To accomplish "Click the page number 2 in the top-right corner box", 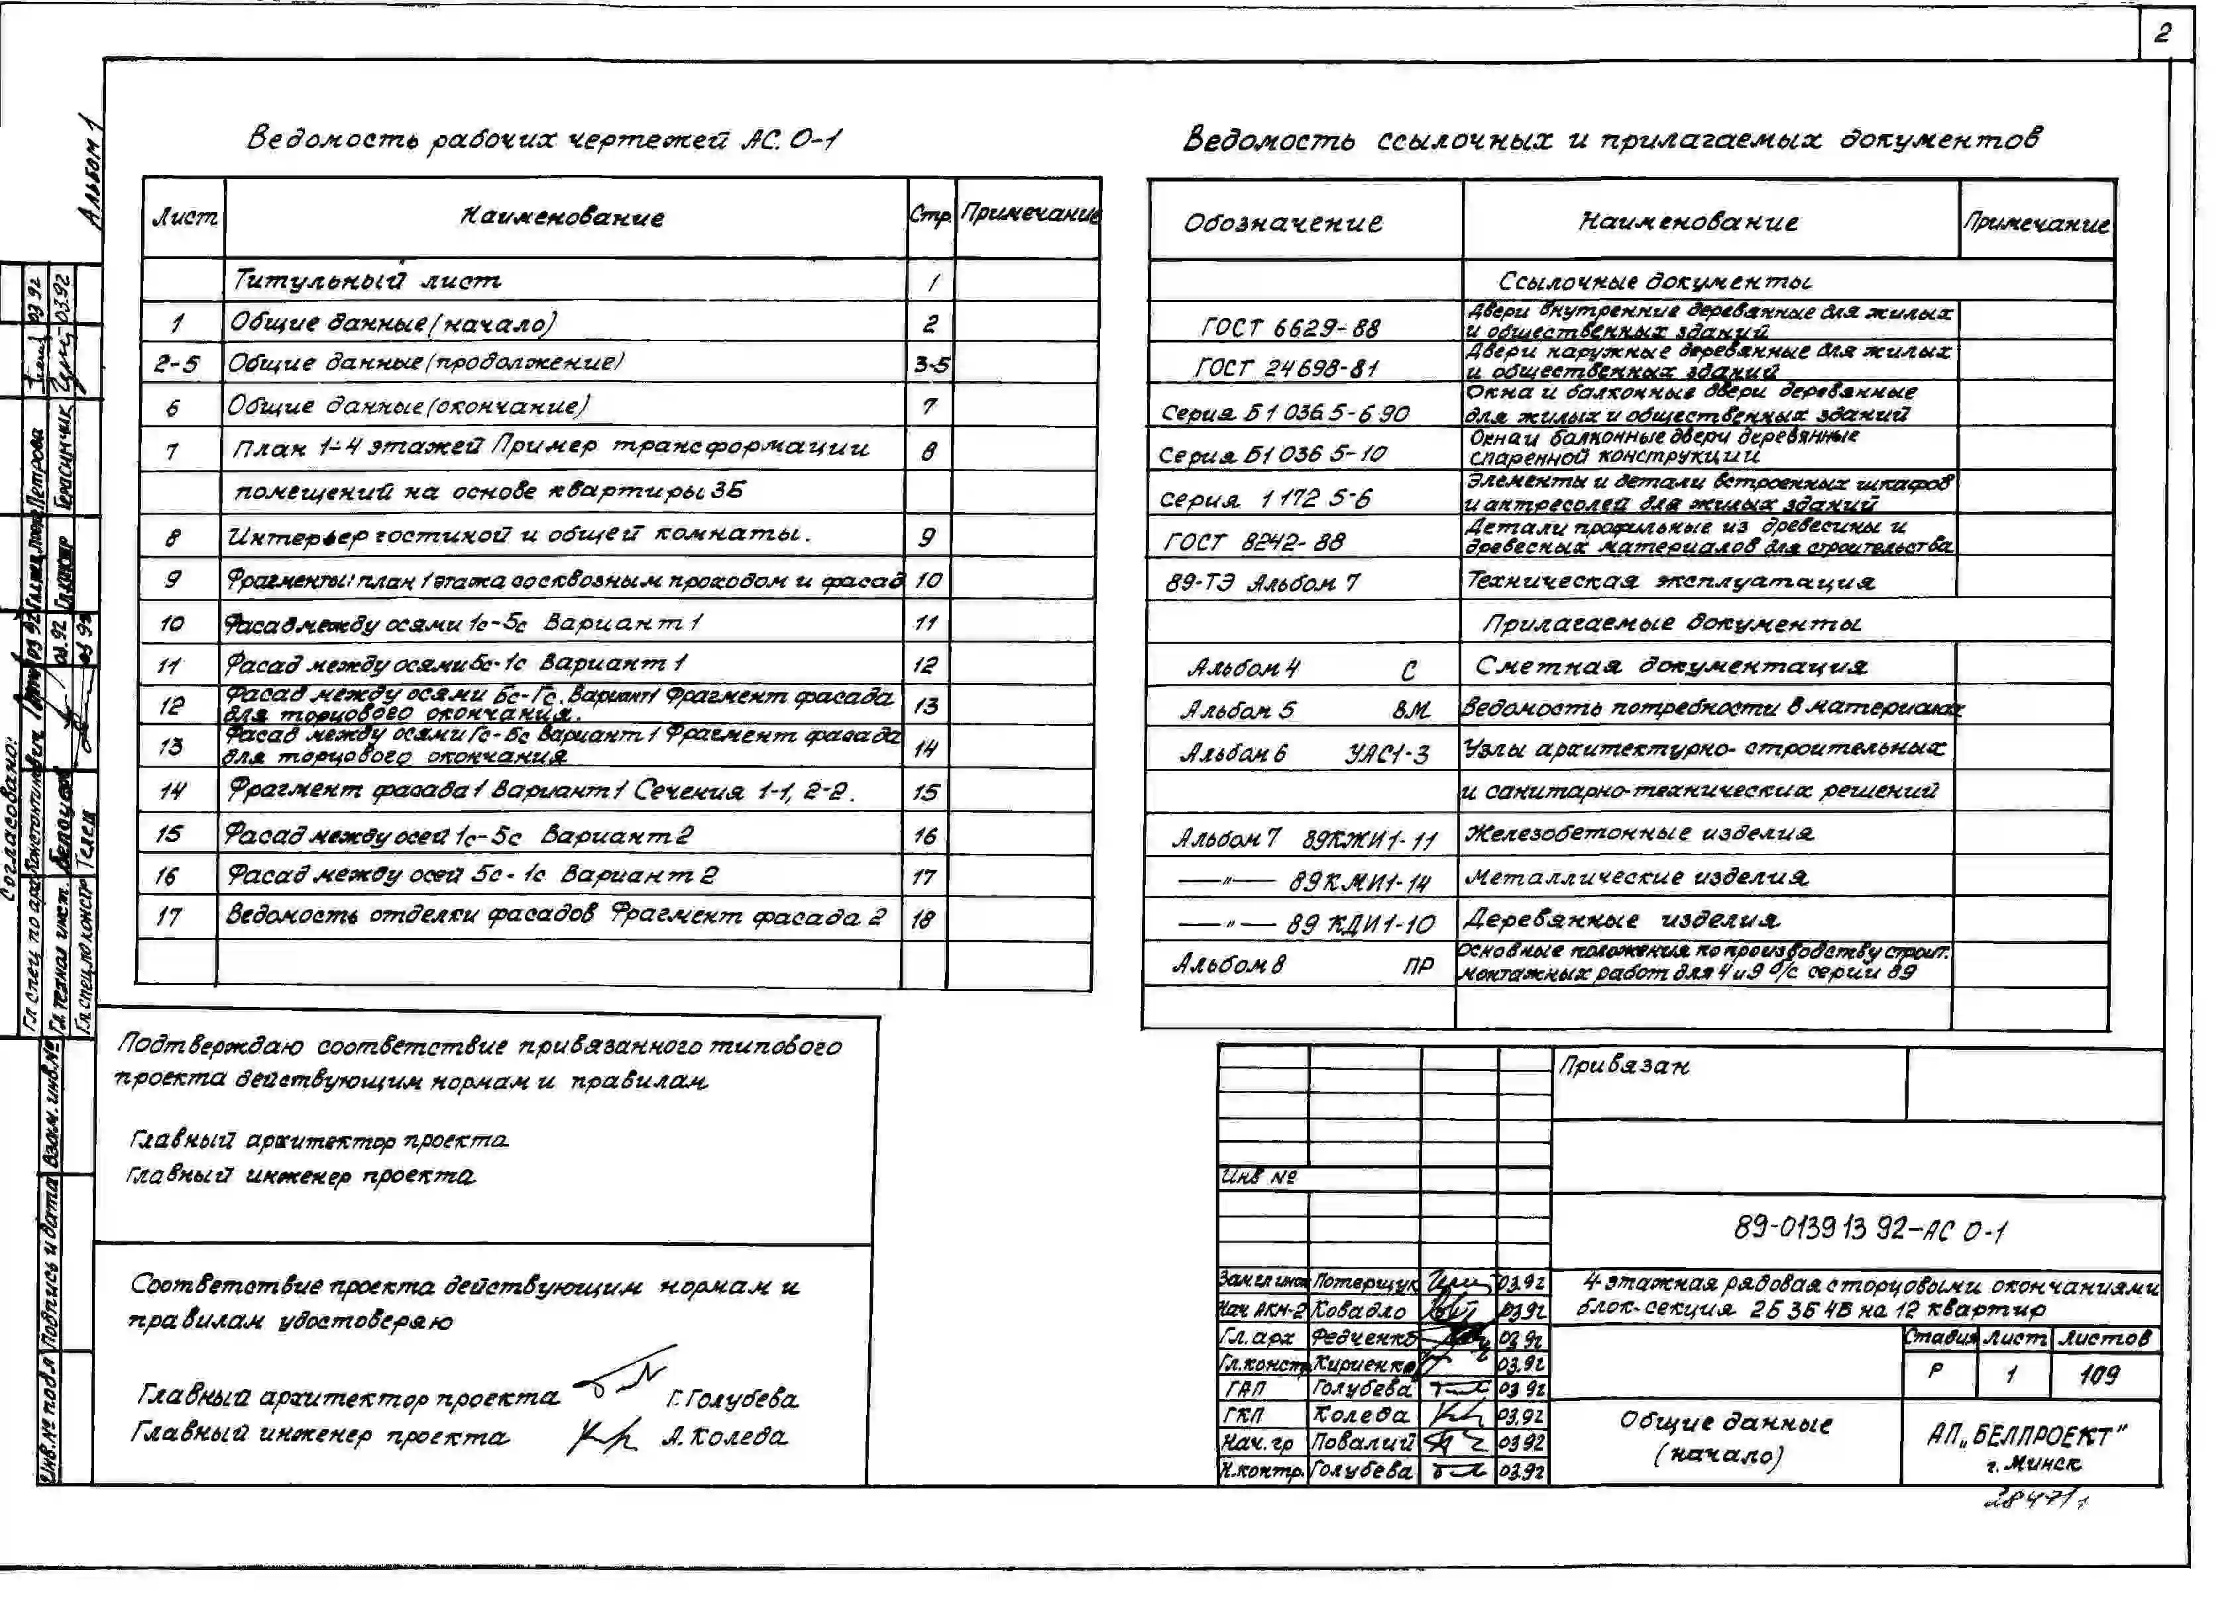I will tap(2161, 34).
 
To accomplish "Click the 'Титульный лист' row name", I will tap(365, 281).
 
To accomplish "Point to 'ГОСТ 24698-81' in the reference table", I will tap(1287, 369).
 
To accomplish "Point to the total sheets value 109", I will tap(2098, 1374).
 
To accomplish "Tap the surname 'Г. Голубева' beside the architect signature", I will tap(732, 1399).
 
